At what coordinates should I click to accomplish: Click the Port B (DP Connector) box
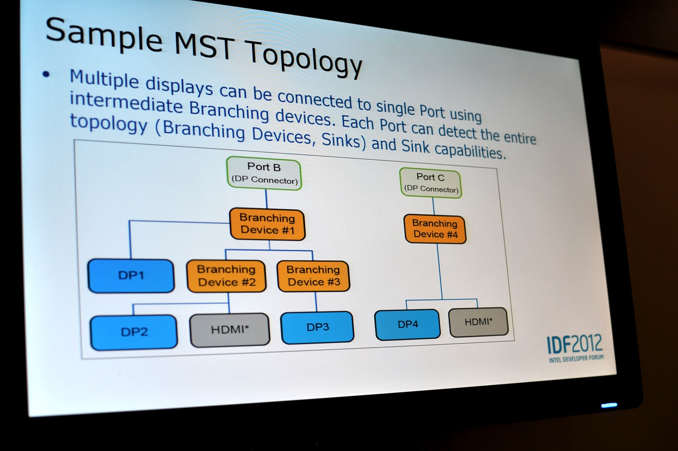click(x=264, y=174)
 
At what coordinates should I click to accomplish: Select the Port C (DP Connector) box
click(x=431, y=183)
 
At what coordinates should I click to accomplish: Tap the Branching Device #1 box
click(x=267, y=224)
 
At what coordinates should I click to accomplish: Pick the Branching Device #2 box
click(x=226, y=276)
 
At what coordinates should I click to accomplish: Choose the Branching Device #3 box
click(x=314, y=276)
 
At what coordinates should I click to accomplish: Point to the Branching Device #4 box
click(x=435, y=229)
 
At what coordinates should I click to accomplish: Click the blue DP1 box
click(x=131, y=275)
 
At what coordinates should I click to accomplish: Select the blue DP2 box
click(x=134, y=332)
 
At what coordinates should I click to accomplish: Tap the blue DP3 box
click(x=317, y=328)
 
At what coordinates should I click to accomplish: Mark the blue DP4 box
click(x=408, y=324)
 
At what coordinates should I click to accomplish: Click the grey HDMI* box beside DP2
click(x=230, y=330)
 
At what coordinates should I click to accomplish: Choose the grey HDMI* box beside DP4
click(x=478, y=322)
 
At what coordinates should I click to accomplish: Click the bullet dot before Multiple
click(x=46, y=74)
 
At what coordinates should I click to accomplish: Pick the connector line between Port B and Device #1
click(x=267, y=199)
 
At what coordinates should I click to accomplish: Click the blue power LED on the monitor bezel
click(x=609, y=405)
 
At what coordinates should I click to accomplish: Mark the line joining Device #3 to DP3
click(x=316, y=302)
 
